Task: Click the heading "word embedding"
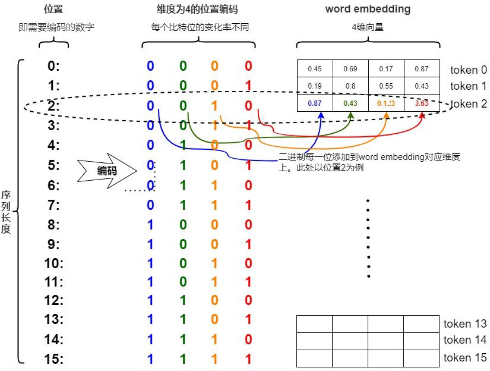tap(368, 10)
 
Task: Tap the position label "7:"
tap(54, 205)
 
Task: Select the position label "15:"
tap(54, 359)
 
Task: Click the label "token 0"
tap(468, 70)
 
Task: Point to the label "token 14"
tap(465, 340)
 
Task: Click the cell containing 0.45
tap(314, 69)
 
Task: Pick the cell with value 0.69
tap(350, 69)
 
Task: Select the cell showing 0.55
tap(386, 86)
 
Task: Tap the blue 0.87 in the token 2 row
tap(314, 103)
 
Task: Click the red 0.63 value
tap(422, 103)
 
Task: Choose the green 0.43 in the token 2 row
tap(350, 103)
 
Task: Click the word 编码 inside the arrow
tap(107, 171)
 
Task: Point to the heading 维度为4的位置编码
tap(198, 10)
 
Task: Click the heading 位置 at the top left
tap(54, 10)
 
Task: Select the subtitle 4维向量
tap(368, 26)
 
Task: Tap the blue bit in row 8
tap(150, 225)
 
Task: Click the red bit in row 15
tap(248, 359)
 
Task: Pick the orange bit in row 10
tap(215, 263)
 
